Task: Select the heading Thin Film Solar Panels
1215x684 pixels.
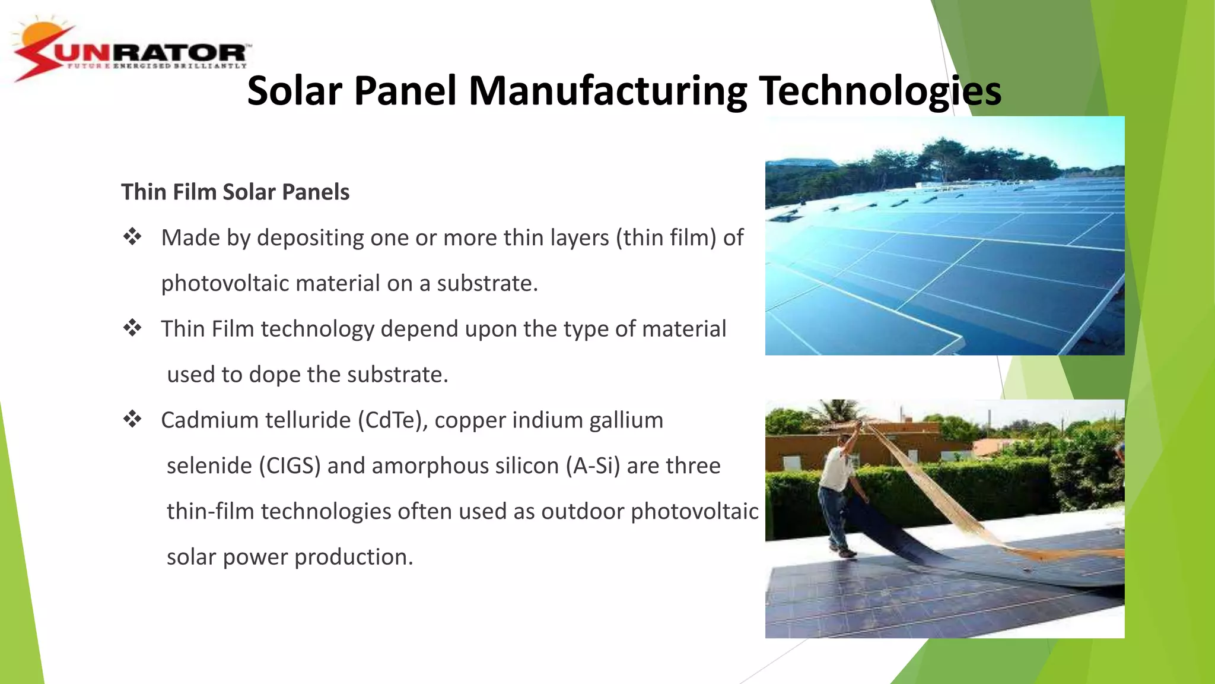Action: (x=235, y=192)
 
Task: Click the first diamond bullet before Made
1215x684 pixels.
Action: (x=132, y=237)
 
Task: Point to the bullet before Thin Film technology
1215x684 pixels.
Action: (x=132, y=328)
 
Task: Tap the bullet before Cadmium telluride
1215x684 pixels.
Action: (x=132, y=419)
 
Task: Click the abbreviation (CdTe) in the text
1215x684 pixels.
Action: (x=392, y=420)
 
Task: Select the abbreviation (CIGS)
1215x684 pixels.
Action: (x=290, y=466)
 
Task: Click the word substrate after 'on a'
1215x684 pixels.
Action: (x=486, y=284)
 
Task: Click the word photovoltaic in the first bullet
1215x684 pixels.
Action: (x=225, y=284)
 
